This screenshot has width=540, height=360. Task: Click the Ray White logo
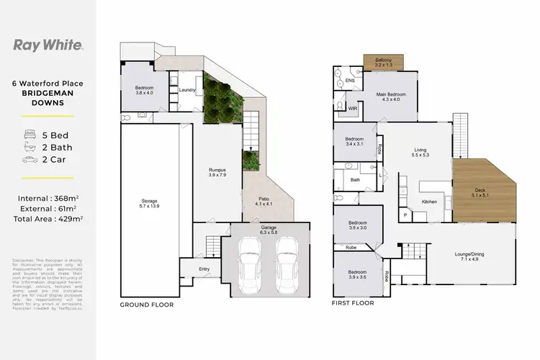(x=48, y=45)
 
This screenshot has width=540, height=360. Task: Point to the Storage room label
(x=150, y=204)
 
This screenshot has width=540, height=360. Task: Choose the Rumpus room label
(x=217, y=172)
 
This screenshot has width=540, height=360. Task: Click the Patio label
(x=261, y=202)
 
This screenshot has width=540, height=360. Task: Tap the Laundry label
(x=188, y=89)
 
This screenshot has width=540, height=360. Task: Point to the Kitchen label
(x=429, y=201)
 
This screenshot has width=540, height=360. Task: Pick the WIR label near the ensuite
(x=353, y=108)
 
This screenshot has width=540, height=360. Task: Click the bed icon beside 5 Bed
(x=30, y=134)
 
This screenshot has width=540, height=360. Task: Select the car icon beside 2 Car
(x=30, y=160)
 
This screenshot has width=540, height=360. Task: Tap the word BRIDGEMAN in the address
(x=48, y=93)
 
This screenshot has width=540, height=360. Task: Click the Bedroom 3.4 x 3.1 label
(x=354, y=141)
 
